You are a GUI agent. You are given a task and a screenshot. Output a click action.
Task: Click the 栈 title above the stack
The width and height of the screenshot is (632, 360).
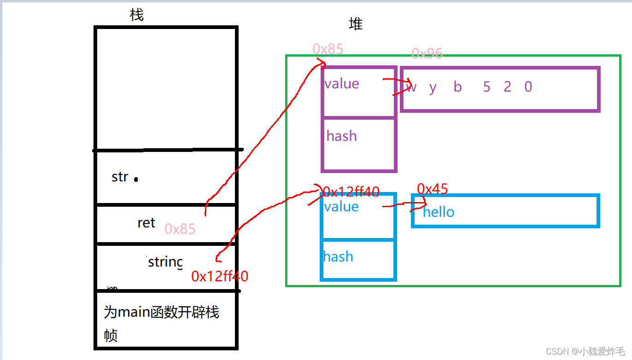(137, 15)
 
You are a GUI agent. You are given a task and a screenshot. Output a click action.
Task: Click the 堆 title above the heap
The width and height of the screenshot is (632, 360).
(356, 24)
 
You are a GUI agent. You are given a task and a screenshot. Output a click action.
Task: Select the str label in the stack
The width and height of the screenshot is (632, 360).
(120, 177)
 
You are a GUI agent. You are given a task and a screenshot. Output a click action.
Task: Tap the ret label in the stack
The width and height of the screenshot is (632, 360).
(146, 223)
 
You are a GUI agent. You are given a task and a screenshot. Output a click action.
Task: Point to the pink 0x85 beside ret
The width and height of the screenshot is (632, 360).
(180, 229)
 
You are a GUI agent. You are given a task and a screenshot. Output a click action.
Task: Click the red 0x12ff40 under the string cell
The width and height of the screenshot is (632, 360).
(220, 276)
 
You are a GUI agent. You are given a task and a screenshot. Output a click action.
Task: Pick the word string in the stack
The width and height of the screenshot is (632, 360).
(165, 262)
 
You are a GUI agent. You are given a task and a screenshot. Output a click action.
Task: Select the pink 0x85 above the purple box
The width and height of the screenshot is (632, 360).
(328, 49)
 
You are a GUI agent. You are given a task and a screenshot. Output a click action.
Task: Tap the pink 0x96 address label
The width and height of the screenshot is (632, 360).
(427, 54)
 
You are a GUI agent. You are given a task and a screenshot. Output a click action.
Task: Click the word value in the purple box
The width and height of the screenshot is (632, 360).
(341, 83)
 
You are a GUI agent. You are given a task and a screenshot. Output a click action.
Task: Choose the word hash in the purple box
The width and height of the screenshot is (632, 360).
(341, 136)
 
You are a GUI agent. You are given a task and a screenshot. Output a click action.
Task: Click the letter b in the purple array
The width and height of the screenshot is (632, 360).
(457, 87)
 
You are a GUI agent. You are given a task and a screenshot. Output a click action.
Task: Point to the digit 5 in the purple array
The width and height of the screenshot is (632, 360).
(486, 87)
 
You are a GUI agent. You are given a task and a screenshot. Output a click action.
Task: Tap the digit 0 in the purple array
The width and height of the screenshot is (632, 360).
(528, 87)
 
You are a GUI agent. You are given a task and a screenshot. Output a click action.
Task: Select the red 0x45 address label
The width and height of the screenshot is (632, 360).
(432, 189)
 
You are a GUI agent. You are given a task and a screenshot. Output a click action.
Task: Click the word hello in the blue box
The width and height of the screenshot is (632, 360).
(439, 212)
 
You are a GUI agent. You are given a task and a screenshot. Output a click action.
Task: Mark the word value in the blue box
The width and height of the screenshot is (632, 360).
(341, 206)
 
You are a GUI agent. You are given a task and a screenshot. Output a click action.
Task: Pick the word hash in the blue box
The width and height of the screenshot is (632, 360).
(338, 256)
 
